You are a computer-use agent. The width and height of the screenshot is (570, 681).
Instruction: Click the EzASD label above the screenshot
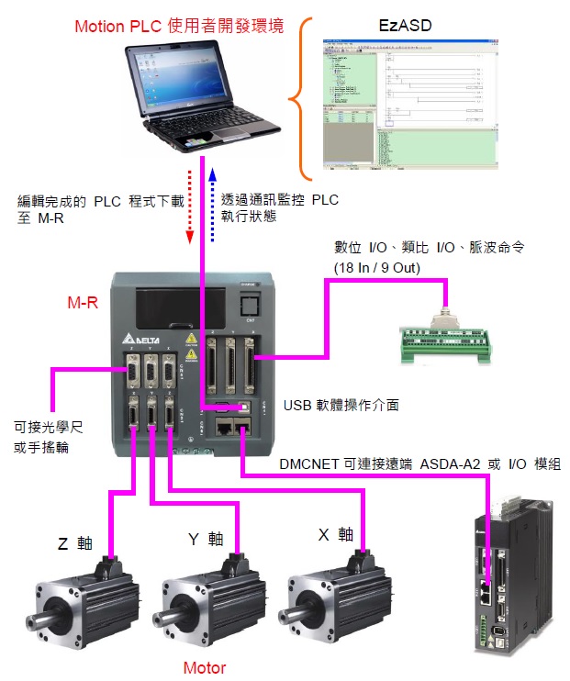[x=405, y=26]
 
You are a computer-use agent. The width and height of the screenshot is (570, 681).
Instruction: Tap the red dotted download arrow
[x=190, y=206]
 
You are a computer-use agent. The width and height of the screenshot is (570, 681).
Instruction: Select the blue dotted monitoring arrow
[x=212, y=204]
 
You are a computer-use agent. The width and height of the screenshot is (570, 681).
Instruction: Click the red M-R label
[x=83, y=301]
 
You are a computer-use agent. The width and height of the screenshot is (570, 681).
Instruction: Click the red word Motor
[x=204, y=668]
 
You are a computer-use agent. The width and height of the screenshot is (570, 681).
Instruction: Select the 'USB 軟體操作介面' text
[x=341, y=404]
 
